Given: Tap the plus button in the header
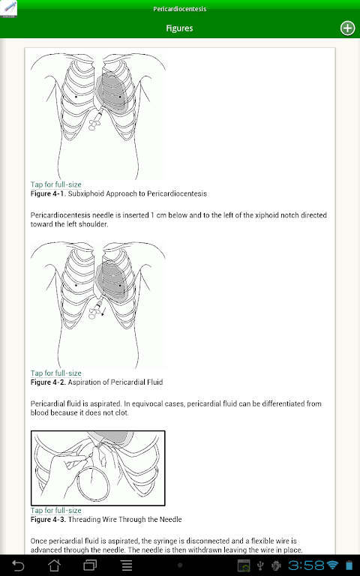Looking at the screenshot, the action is (x=347, y=28).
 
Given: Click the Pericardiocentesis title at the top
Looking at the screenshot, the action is (x=180, y=9).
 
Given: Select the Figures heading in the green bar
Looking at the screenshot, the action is (x=180, y=28).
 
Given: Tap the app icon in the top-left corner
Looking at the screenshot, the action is (x=9, y=9).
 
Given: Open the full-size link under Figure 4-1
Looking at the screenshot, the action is (x=55, y=184).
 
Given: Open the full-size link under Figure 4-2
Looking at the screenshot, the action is (x=55, y=373).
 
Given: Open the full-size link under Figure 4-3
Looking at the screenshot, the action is (x=55, y=510).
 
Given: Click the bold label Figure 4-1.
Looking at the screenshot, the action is (x=48, y=193).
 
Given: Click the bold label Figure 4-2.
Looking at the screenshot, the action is (x=48, y=382).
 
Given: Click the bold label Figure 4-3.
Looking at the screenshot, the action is (x=48, y=520).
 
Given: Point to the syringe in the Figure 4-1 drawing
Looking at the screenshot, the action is (x=95, y=121).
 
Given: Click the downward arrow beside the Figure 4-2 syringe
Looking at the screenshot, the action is (x=104, y=311).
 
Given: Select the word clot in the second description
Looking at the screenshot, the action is (x=121, y=412).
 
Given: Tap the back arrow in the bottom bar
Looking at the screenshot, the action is (x=18, y=565).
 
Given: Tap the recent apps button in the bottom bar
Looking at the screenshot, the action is (x=90, y=565).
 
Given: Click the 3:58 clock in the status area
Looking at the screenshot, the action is (x=306, y=565).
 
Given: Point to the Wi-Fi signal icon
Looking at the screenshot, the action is (x=333, y=565).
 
